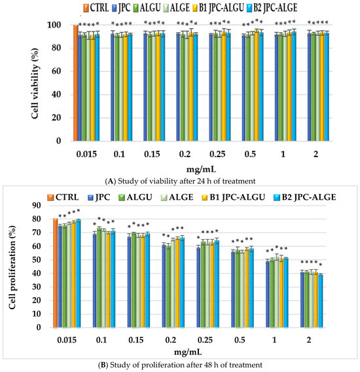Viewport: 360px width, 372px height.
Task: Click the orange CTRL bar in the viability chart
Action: pyautogui.click(x=76, y=83)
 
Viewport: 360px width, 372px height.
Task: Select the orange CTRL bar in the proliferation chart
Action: pyautogui.click(x=55, y=273)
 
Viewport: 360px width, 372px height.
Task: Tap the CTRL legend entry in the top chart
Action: pyautogui.click(x=96, y=8)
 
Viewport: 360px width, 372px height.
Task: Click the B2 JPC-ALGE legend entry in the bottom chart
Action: pyautogui.click(x=305, y=197)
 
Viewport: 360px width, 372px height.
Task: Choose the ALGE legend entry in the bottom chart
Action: pyautogui.click(x=177, y=197)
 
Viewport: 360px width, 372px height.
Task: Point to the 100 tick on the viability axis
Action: pyautogui.click(x=54, y=25)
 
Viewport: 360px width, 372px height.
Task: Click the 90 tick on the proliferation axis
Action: pyautogui.click(x=36, y=205)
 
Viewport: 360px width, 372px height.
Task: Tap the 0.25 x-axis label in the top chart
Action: pyautogui.click(x=217, y=154)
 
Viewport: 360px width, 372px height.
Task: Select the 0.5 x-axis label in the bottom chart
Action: pyautogui.click(x=240, y=340)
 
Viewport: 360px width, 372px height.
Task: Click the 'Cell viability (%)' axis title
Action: pyautogui.click(x=35, y=83)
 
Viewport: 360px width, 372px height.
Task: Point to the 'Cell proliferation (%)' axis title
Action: pyautogui.click(x=12, y=267)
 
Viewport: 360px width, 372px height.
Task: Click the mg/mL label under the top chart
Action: pyautogui.click(x=201, y=169)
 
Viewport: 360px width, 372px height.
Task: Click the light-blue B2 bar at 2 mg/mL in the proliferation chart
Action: pyautogui.click(x=320, y=301)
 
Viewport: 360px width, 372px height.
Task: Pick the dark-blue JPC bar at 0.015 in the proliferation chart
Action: pyautogui.click(x=60, y=276)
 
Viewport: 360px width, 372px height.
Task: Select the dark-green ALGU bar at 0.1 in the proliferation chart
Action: pyautogui.click(x=99, y=278)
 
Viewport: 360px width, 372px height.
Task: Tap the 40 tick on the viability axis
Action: pyautogui.click(x=56, y=94)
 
